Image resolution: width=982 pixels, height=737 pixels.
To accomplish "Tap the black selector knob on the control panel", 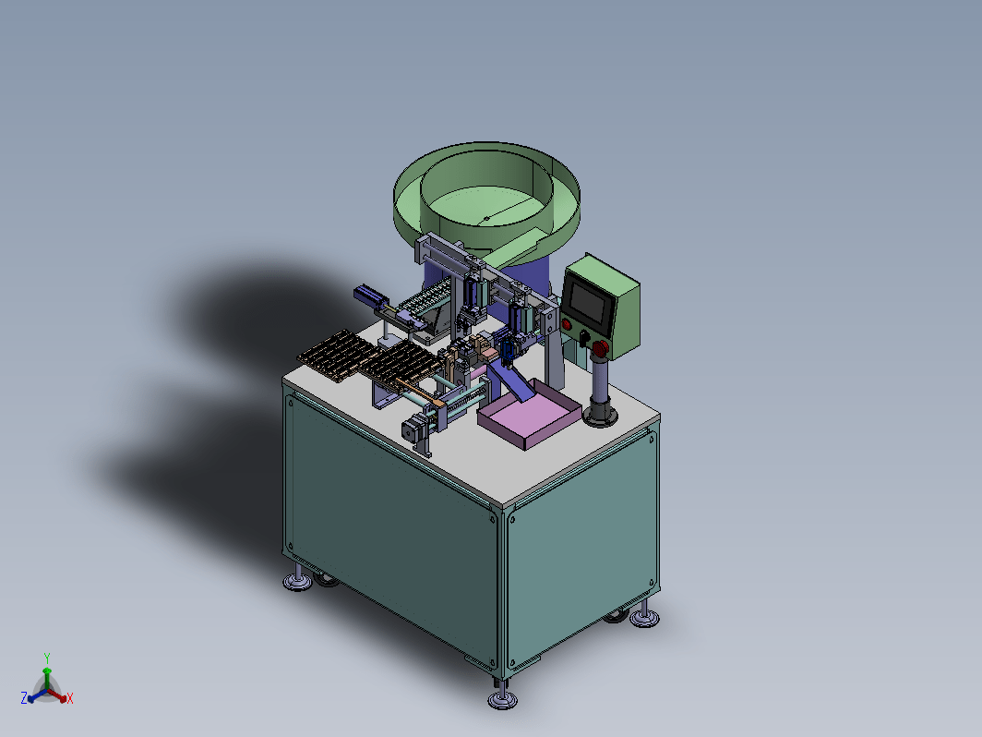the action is [583, 338].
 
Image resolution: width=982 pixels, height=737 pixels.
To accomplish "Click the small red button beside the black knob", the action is [567, 325].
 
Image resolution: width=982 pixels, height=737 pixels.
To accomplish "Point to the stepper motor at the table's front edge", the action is [412, 432].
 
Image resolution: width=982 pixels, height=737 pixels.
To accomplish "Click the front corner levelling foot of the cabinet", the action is [502, 697].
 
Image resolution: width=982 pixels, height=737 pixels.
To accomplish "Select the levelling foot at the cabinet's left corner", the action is [297, 580].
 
